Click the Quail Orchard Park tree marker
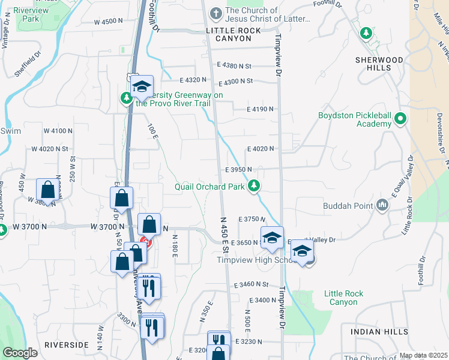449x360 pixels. click(x=255, y=186)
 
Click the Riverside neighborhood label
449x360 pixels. click(x=67, y=345)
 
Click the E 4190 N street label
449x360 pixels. click(x=261, y=109)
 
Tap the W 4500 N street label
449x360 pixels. click(x=108, y=22)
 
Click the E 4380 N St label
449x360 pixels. click(x=235, y=65)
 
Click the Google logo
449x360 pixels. click(x=20, y=353)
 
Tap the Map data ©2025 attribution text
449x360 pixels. click(x=423, y=355)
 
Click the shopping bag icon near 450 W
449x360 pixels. click(x=47, y=190)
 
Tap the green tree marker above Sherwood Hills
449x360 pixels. click(x=366, y=32)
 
